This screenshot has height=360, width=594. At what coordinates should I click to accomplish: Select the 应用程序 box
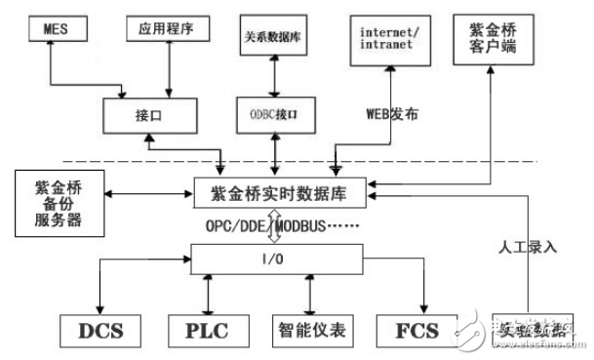click(168, 29)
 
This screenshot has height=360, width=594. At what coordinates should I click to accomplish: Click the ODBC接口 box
click(274, 113)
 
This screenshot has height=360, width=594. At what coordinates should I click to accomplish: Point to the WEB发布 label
click(391, 113)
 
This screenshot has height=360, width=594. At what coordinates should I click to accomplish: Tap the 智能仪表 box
click(309, 330)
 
